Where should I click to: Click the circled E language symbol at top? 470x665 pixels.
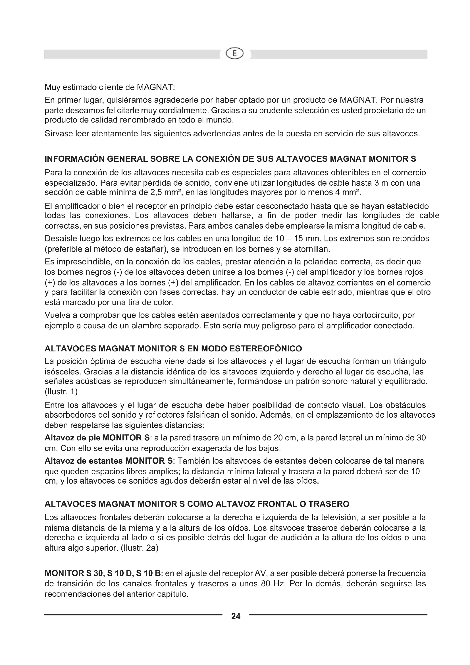pos(235,54)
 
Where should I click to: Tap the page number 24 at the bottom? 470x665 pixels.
pos(236,616)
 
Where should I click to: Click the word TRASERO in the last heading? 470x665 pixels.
pos(328,504)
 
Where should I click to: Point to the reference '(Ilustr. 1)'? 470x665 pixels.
pos(61,391)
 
